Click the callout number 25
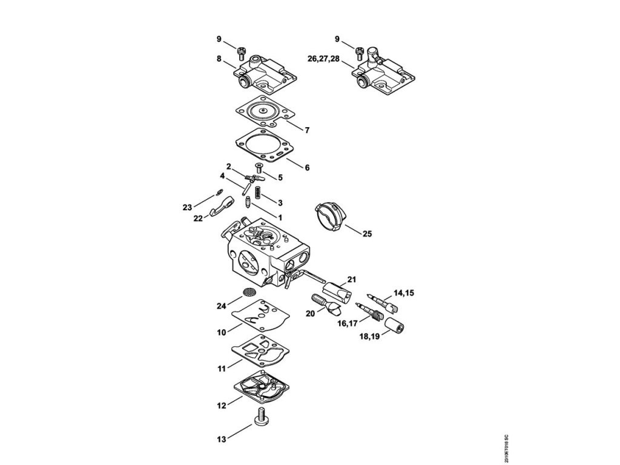[x=366, y=232]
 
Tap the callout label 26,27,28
[x=323, y=58]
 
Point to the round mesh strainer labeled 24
[x=248, y=292]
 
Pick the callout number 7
[x=307, y=130]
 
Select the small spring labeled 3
[x=257, y=194]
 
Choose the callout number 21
[x=352, y=279]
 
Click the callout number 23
[x=187, y=207]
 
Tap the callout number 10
[x=221, y=332]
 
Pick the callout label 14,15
[x=404, y=293]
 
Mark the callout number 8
[x=219, y=58]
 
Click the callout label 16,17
[x=347, y=323]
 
